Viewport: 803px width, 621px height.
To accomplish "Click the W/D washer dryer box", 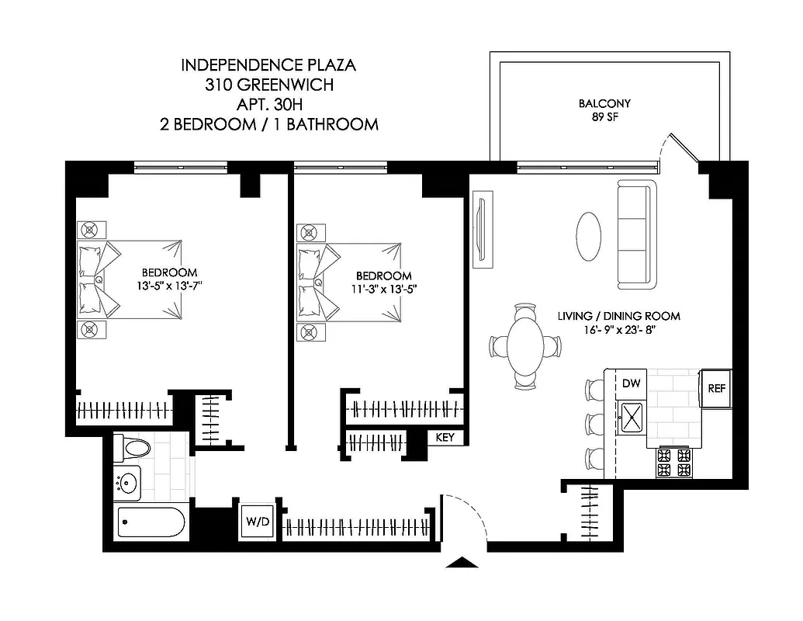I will [258, 521].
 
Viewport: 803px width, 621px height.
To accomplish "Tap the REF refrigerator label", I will [716, 388].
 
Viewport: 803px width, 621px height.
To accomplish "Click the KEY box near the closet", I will [445, 438].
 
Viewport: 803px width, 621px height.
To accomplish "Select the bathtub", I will [152, 522].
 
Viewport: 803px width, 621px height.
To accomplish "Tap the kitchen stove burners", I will [673, 463].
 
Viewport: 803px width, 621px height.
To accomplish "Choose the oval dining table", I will [525, 345].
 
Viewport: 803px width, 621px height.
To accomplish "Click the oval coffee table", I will [589, 238].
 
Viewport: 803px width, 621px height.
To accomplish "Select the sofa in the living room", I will [637, 234].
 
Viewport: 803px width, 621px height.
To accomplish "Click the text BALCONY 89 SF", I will [604, 110].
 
